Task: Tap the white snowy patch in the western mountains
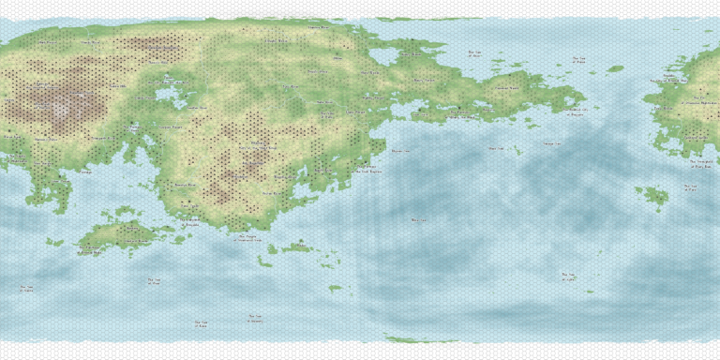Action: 61,111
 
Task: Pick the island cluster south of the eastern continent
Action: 652,195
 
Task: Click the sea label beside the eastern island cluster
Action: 690,187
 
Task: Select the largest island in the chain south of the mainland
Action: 298,247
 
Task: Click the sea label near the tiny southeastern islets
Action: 568,277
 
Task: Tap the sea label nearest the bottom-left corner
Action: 27,289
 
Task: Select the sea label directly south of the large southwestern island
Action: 155,280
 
